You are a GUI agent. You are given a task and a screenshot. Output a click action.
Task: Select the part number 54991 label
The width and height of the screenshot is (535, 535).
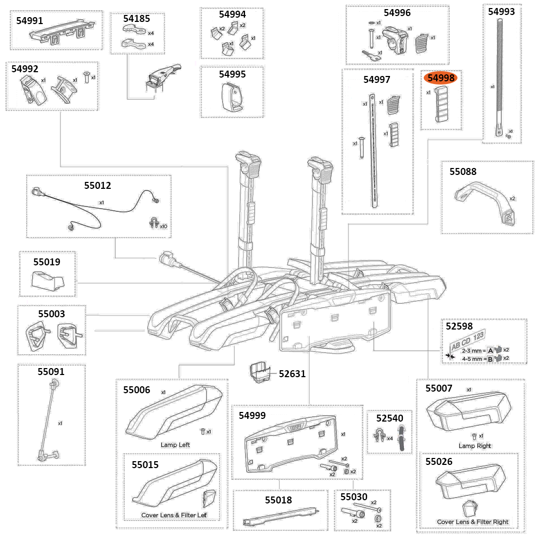pos(30,20)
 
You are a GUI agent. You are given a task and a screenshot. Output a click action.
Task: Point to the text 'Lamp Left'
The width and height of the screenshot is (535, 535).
pos(175,445)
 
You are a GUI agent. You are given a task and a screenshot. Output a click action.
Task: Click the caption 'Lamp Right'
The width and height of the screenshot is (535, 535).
pos(475,446)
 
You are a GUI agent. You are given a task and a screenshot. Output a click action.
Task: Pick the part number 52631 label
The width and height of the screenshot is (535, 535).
pos(292,373)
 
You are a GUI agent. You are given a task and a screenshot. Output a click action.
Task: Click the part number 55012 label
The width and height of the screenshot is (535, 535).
pos(97,186)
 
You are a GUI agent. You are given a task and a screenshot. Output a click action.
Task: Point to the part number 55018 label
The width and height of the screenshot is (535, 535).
pos(278,500)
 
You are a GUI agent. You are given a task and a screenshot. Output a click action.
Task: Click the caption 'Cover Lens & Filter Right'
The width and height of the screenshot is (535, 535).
pos(472,522)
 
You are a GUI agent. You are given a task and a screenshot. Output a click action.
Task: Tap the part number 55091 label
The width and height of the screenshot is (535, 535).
pos(51,371)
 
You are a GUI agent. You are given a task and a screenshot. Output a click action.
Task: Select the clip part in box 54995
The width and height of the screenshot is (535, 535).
pos(232,97)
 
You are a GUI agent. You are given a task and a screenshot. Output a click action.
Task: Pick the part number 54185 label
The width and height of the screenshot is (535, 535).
pos(137,18)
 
